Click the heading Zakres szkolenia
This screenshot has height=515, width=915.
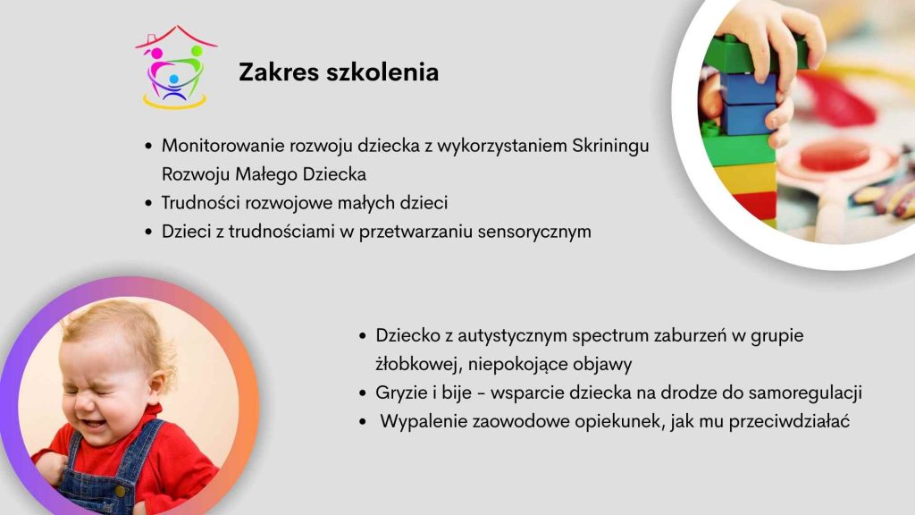[x=339, y=72]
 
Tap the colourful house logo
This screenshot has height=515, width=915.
[x=176, y=66]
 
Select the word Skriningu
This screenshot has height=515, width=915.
[x=610, y=147]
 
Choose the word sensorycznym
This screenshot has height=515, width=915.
[x=534, y=232]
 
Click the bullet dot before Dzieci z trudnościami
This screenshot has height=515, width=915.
[x=148, y=232]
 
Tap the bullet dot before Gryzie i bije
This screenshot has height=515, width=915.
[x=363, y=393]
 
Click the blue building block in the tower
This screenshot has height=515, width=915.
[x=750, y=104]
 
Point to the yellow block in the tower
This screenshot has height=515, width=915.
[x=744, y=179]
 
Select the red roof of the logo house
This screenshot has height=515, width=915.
[x=176, y=35]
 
